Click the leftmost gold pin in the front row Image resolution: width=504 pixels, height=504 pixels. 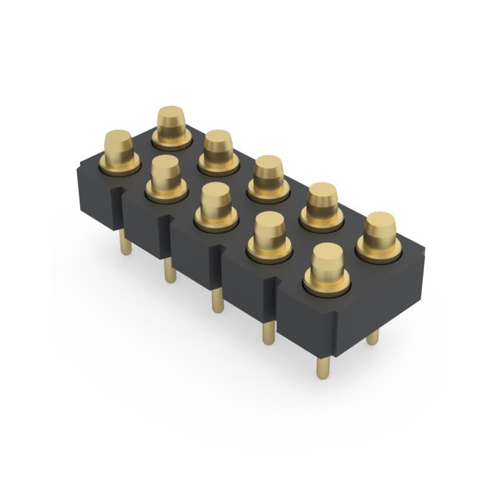point(118,150)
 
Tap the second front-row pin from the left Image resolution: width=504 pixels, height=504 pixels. point(166,176)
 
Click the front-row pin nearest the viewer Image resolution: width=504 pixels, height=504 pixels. point(328,268)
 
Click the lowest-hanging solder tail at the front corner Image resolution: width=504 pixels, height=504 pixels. point(323,366)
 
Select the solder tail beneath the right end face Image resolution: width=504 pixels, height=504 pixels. point(372,337)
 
